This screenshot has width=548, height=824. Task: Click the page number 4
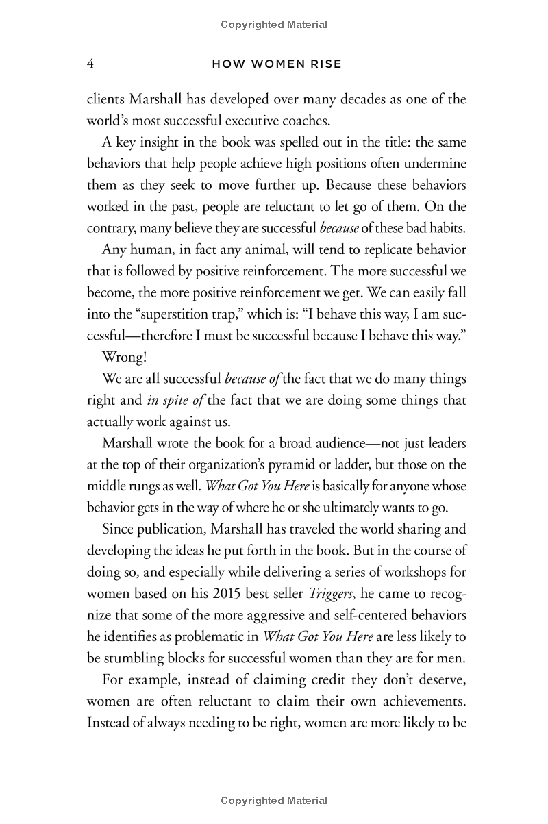90,64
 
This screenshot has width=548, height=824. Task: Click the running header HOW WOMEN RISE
277,64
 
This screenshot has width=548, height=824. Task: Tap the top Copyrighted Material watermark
274,25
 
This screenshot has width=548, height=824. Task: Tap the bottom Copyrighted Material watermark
274,800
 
